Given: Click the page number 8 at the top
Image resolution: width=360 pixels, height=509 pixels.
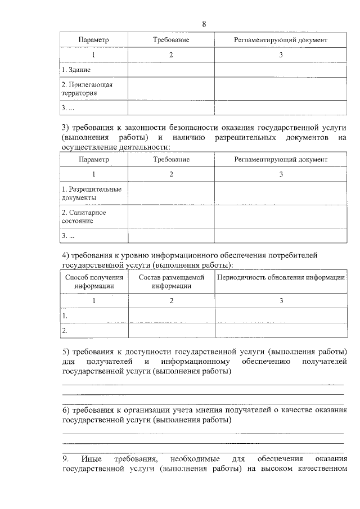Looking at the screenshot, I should [x=204, y=24].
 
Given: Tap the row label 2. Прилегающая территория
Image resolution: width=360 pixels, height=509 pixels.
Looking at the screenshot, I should [x=87, y=89].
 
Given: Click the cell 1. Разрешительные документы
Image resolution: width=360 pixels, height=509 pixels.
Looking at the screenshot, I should [x=91, y=193].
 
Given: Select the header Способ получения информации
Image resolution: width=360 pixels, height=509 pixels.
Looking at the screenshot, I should [x=94, y=281].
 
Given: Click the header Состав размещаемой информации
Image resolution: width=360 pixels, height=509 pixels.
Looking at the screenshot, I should [x=171, y=281].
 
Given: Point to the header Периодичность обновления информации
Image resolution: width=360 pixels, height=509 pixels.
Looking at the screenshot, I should [x=281, y=277].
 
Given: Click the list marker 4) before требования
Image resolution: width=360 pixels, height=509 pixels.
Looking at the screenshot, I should [x=65, y=255].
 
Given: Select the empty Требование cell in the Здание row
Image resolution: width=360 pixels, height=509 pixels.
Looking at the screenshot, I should [x=171, y=70].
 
